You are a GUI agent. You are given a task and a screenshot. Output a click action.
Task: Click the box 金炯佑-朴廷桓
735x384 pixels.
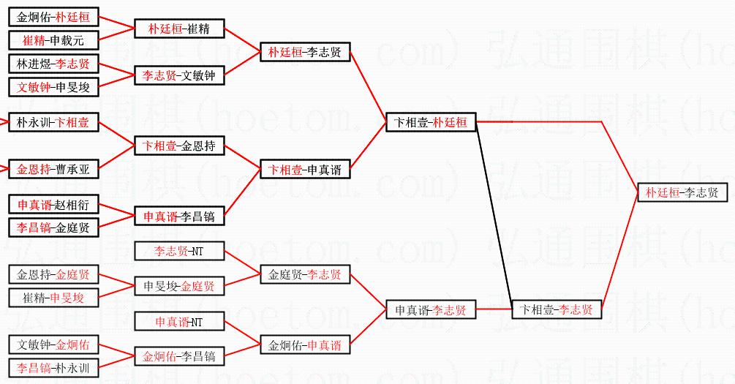(x=53, y=18)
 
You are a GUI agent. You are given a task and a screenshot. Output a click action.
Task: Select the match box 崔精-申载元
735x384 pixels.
(x=53, y=40)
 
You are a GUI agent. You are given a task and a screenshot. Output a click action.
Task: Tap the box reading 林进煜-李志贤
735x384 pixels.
(x=53, y=64)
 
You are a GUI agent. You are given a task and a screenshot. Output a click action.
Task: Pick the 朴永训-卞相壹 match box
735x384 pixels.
(x=53, y=122)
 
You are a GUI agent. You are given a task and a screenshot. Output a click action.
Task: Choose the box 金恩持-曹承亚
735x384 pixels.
(x=53, y=169)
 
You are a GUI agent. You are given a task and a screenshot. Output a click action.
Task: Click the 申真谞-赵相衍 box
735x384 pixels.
(x=53, y=204)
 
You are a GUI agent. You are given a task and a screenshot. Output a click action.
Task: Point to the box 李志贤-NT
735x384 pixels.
(x=179, y=252)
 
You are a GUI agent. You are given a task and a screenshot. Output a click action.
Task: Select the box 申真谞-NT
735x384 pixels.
(x=179, y=322)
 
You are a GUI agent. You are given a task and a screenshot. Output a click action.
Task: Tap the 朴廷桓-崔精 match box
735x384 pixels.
(x=179, y=29)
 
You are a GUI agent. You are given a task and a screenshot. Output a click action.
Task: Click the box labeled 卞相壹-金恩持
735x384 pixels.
(x=179, y=146)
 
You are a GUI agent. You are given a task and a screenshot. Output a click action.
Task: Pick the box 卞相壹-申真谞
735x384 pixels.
(x=305, y=169)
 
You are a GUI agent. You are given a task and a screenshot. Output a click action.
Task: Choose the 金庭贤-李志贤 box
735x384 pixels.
(x=305, y=275)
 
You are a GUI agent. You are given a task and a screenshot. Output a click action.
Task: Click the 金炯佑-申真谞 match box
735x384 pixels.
(x=305, y=345)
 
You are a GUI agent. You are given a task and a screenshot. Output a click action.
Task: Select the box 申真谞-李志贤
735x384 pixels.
(x=431, y=309)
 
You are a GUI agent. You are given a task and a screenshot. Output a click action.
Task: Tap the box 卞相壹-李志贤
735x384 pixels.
(x=557, y=309)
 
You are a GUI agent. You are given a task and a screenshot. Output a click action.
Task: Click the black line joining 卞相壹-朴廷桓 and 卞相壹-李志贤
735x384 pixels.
(x=494, y=216)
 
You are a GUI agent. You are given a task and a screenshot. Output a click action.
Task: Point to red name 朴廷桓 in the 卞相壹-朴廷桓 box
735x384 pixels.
(x=450, y=122)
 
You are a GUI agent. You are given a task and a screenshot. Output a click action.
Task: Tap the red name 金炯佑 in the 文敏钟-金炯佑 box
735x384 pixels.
(x=72, y=345)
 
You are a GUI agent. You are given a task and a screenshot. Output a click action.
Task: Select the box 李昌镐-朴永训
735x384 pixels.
(x=53, y=368)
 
